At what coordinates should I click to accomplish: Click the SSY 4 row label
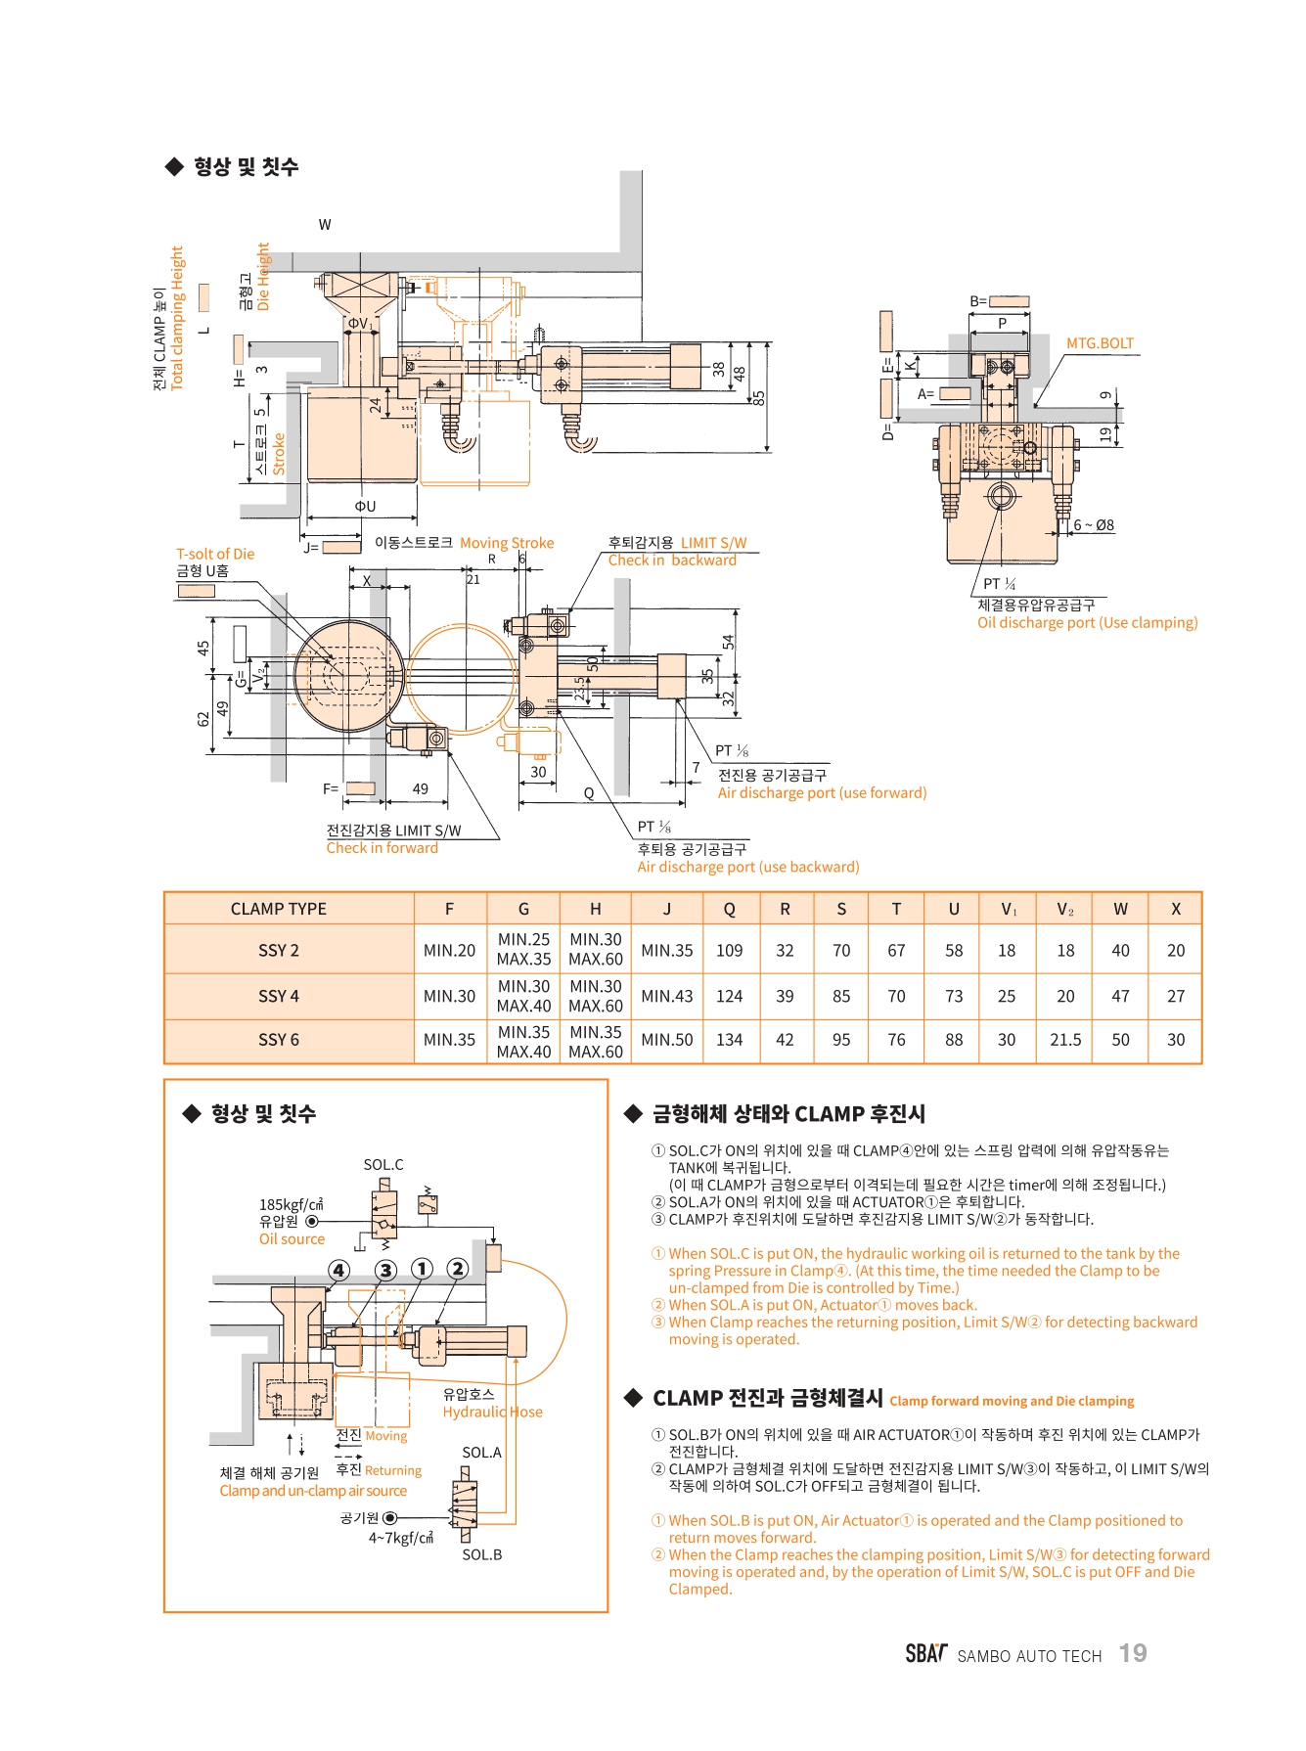[279, 996]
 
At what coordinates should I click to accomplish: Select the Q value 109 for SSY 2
[729, 950]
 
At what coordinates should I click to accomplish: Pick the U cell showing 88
[954, 1040]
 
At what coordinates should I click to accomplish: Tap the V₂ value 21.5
[1065, 1040]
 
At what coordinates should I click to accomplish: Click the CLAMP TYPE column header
[279, 909]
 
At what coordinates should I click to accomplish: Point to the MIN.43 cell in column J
[667, 996]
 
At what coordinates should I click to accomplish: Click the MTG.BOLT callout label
[1100, 343]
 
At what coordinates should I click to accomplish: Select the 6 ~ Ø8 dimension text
[1094, 525]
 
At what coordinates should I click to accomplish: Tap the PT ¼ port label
[999, 584]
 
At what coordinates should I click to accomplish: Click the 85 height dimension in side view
[759, 398]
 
